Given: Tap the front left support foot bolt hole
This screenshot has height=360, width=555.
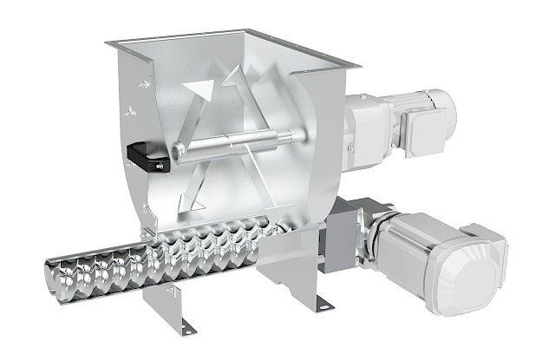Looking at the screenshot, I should tap(186, 325).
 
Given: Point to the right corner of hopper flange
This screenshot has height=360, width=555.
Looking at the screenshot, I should tap(356, 65).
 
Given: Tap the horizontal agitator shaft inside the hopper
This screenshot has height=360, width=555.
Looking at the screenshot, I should tap(234, 141).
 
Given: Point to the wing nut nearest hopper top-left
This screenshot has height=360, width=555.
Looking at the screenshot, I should tap(144, 83).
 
